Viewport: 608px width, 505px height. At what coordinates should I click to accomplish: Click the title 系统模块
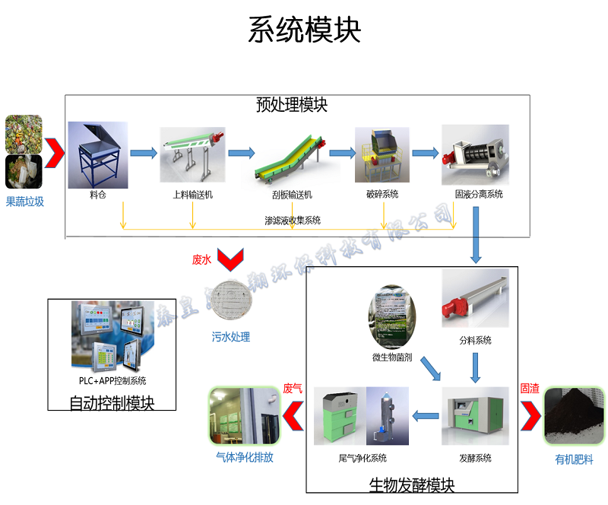[x=304, y=30]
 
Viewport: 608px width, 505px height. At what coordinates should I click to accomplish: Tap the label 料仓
[x=97, y=195]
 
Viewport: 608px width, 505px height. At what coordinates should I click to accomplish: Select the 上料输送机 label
[x=192, y=195]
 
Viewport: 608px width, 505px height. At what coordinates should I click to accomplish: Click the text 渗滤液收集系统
[x=293, y=221]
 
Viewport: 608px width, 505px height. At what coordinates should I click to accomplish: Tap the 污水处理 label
[x=230, y=337]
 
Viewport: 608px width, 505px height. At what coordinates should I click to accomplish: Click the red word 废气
[x=293, y=389]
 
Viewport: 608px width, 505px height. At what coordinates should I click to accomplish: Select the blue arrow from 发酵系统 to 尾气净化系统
[x=426, y=416]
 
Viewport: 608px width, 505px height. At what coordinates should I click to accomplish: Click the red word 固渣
[x=530, y=389]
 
